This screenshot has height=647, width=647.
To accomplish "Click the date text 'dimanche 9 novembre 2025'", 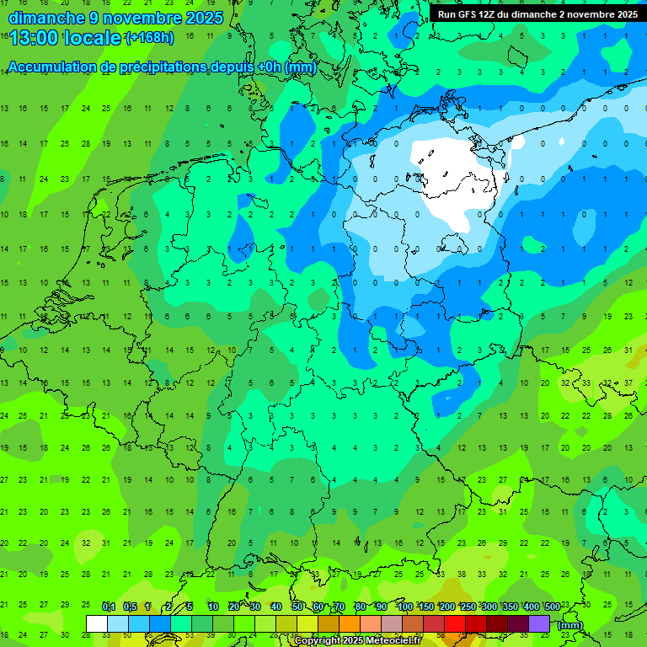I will point(115,17).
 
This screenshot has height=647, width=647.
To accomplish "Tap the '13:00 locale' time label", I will point(65,38).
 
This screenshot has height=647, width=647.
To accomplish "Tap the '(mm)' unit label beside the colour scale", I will point(569,624).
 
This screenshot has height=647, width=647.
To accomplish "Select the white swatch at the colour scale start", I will point(97,623).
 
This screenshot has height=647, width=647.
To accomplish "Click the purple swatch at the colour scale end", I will point(539,623).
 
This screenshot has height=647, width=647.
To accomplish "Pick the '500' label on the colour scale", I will point(553,607).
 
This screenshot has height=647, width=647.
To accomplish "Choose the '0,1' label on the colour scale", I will point(109,607).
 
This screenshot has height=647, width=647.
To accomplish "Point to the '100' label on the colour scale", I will point(405,607).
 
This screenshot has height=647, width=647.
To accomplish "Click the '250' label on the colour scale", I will point(468,607).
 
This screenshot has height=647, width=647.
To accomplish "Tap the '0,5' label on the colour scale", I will point(130,607).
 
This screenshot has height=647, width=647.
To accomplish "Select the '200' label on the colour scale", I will point(447,607).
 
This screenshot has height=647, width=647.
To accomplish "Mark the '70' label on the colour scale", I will point(340,607).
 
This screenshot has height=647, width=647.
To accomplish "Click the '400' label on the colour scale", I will point(532,607).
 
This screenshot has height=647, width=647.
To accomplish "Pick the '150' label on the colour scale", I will point(426,607).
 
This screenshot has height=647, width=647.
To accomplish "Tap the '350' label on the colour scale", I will point(511,607).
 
